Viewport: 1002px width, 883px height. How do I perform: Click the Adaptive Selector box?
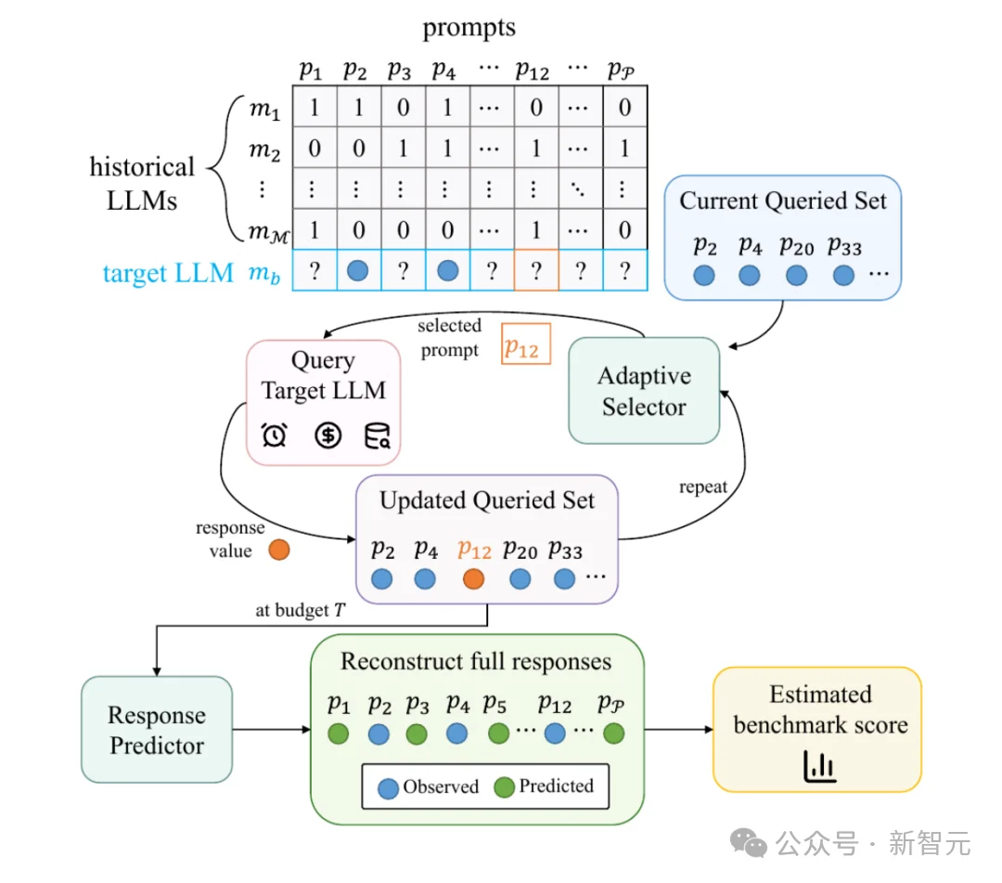644,391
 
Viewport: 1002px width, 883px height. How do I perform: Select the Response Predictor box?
157,730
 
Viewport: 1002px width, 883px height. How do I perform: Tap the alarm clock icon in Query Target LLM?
274,435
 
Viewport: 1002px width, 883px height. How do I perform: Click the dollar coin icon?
328,435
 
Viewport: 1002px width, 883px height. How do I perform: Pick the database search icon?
377,435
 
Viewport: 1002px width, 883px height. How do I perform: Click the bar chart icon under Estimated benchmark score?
819,766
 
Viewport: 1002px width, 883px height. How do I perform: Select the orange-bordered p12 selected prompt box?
526,344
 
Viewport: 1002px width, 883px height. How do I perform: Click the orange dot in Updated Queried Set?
473,579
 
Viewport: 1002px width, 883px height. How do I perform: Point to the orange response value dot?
279,550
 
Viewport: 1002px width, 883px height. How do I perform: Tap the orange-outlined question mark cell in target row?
536,270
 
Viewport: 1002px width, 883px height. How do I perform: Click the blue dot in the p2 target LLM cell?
358,270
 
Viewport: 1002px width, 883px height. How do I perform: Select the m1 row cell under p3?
403,107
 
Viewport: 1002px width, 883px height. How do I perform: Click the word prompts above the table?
469,28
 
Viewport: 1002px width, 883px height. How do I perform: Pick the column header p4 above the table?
443,70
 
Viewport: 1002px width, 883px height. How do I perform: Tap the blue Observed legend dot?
388,788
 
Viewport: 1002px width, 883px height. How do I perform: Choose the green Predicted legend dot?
504,787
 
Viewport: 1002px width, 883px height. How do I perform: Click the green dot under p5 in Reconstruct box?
498,734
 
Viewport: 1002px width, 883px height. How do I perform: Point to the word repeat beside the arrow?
703,487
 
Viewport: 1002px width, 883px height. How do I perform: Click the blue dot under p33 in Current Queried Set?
843,276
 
